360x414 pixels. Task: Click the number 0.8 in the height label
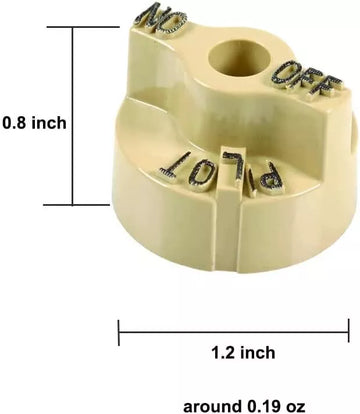(16, 122)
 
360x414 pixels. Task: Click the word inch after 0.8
(49, 122)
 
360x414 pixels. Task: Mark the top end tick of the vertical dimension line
(73, 27)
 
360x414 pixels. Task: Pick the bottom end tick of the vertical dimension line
(73, 205)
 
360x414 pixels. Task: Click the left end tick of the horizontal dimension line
(119, 331)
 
